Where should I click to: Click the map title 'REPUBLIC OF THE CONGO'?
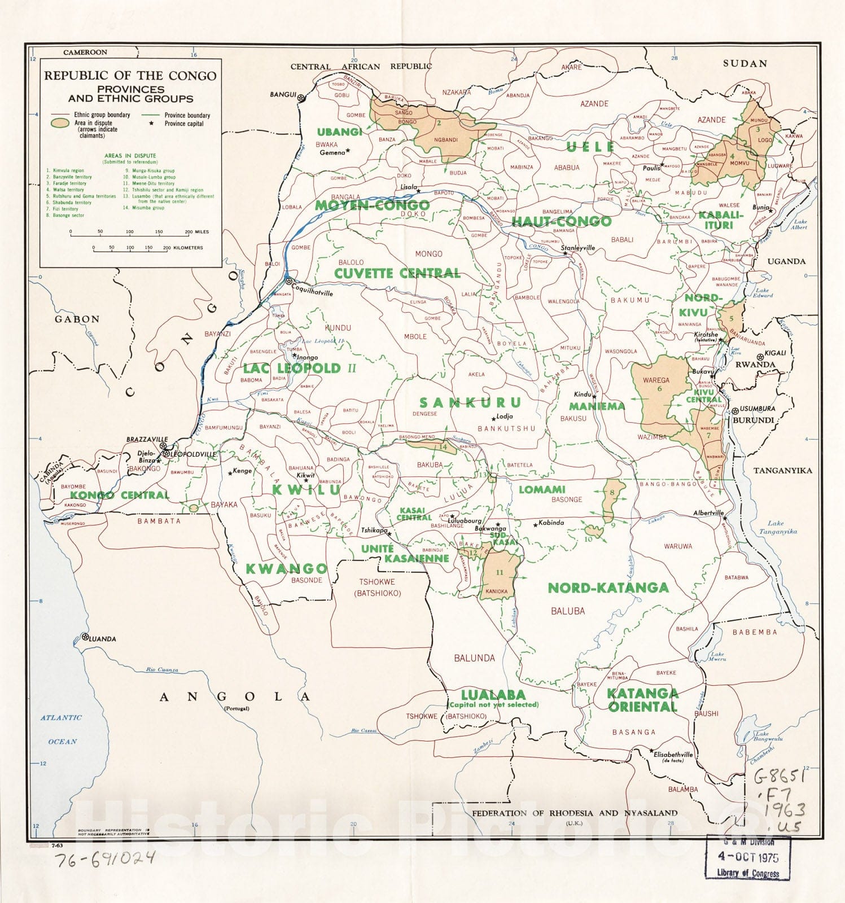pos(130,76)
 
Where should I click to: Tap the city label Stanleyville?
pos(578,248)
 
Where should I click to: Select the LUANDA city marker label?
pos(103,639)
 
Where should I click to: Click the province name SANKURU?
pos(470,402)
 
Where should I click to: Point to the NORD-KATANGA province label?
pos(608,588)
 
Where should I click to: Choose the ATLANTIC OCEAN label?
pos(62,729)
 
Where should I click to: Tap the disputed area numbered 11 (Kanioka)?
pos(499,573)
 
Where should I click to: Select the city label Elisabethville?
pos(673,755)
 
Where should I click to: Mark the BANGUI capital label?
pos(283,95)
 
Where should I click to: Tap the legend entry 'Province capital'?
pos(183,124)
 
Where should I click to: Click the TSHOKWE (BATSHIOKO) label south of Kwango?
pos(376,587)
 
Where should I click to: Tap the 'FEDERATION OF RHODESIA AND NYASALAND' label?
pos(574,813)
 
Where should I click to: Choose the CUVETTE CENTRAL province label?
pos(397,273)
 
